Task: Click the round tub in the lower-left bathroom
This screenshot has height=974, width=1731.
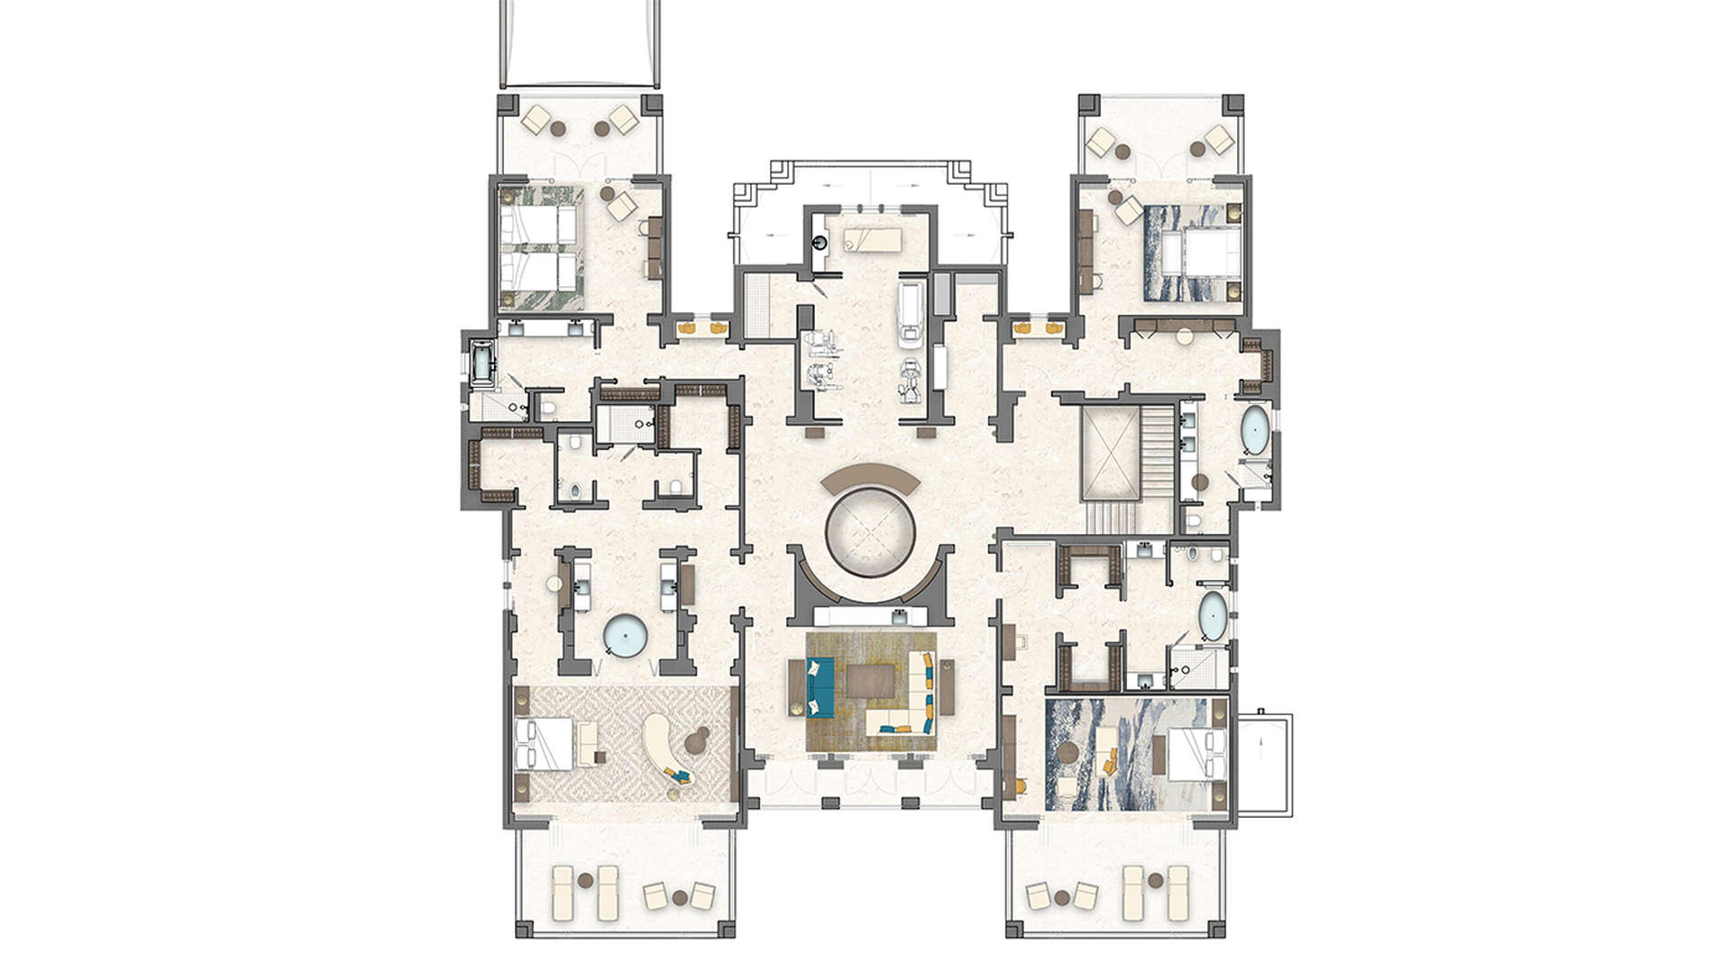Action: (626, 636)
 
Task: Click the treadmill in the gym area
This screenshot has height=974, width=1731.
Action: (911, 312)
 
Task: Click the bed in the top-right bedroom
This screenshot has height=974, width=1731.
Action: (1192, 253)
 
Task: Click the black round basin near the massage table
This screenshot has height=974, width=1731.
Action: (820, 242)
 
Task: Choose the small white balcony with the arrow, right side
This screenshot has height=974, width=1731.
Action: (1264, 765)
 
